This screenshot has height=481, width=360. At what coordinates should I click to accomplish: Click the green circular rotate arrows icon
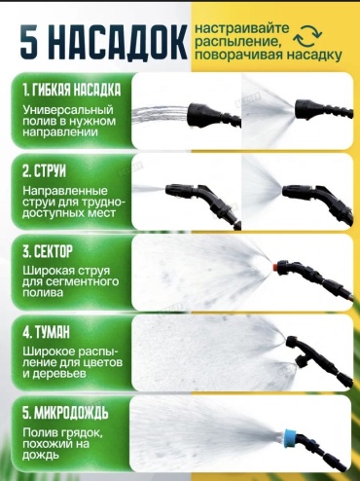[x=307, y=36]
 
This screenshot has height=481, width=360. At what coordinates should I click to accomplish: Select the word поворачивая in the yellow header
[x=238, y=55]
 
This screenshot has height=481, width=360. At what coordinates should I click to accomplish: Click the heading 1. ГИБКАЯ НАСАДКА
[x=72, y=90]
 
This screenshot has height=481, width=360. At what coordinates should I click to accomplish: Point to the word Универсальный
[x=68, y=110]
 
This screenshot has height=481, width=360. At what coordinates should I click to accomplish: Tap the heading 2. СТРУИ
[x=44, y=170]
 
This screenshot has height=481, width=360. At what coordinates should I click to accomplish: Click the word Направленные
[x=65, y=191]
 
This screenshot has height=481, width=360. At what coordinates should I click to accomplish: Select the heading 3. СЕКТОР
[x=48, y=251]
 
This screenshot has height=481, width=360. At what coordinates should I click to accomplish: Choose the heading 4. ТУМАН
[x=46, y=332]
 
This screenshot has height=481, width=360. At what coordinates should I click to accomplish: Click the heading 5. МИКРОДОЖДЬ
[x=65, y=413]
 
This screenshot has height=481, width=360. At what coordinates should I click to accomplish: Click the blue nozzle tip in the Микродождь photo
[x=289, y=436]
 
